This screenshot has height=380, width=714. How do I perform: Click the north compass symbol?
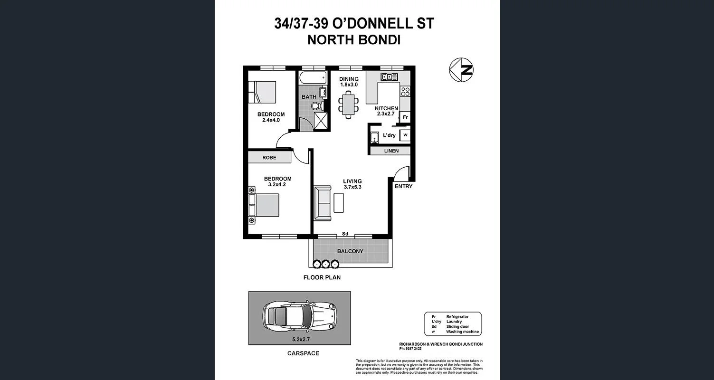tap(461, 70)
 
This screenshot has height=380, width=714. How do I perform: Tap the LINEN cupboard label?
tap(388, 151)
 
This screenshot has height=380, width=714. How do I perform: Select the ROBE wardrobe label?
tap(269, 157)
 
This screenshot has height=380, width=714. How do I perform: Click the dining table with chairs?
tap(349, 104)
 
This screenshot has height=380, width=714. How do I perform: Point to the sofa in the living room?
tap(323, 203)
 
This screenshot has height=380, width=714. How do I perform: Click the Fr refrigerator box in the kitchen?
tap(405, 117)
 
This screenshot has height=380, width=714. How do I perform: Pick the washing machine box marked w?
tap(405, 135)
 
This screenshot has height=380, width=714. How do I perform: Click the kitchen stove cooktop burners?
tap(405, 91)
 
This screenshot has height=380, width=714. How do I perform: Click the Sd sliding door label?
tap(345, 234)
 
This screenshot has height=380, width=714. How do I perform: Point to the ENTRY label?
tap(403, 186)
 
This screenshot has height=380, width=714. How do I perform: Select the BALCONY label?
tap(350, 251)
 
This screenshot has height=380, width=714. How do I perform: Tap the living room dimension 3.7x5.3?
tap(352, 187)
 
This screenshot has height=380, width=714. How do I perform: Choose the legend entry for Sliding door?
tap(457, 327)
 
